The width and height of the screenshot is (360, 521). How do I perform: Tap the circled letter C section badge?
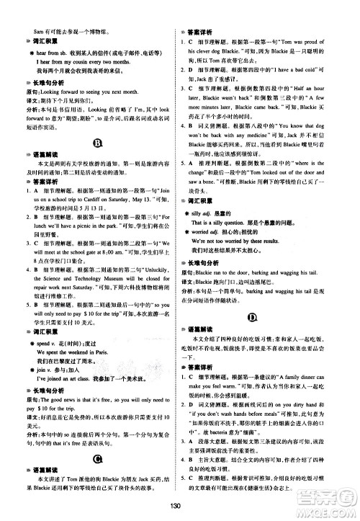[97, 459]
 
